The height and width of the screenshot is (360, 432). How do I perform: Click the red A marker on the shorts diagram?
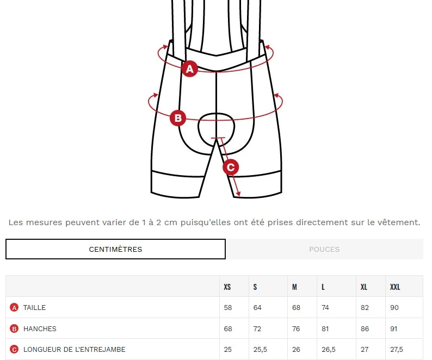(x=190, y=69)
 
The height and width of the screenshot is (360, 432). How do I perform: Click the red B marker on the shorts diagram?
(x=178, y=118)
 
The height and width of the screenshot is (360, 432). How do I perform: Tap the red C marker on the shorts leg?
(x=231, y=167)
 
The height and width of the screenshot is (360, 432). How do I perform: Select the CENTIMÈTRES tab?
(x=115, y=249)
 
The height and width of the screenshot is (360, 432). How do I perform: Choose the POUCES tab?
(x=324, y=249)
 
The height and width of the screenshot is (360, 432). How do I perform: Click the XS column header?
(x=227, y=287)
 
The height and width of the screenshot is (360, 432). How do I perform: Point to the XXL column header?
(x=395, y=287)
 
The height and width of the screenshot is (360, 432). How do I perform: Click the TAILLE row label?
(x=34, y=307)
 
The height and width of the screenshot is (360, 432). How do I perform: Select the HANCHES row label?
(x=40, y=328)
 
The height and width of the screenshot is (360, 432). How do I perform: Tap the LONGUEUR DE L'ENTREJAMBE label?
(x=75, y=350)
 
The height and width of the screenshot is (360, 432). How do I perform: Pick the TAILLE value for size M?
(x=296, y=307)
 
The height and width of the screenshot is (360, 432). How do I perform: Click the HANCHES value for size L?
(x=325, y=328)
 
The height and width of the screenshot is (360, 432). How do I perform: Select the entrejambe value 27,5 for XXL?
(x=397, y=350)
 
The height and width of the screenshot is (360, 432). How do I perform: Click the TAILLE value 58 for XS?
(x=228, y=307)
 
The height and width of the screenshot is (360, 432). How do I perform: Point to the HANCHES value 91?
(x=394, y=328)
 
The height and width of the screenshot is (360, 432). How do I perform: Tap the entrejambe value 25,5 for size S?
(x=260, y=350)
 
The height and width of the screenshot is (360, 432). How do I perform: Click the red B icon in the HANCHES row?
(x=14, y=328)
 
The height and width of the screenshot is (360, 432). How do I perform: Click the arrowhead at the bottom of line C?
(x=238, y=194)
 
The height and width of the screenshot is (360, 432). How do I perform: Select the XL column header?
(x=363, y=287)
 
